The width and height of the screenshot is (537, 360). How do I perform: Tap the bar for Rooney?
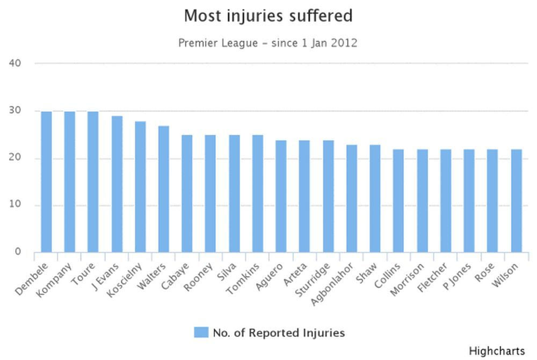(x=210, y=193)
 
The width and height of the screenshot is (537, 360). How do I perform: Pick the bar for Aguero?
(x=281, y=196)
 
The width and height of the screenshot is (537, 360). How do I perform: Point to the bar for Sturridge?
(x=328, y=196)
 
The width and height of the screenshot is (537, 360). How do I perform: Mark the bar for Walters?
(x=163, y=189)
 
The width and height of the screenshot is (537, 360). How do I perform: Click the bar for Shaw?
(x=375, y=198)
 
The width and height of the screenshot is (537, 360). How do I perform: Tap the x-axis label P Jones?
(x=458, y=276)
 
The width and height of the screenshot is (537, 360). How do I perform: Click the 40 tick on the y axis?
(x=15, y=63)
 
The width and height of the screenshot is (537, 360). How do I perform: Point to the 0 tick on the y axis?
(x=18, y=252)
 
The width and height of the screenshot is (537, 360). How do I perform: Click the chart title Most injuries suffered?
(x=268, y=16)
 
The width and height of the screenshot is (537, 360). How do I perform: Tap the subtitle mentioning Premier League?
(x=268, y=43)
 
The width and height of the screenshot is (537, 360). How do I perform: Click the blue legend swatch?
(x=201, y=333)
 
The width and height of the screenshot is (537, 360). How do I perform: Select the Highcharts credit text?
(x=497, y=351)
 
